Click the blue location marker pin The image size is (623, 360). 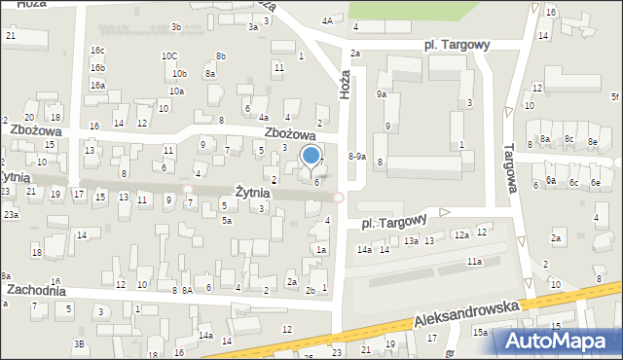tap(311, 156)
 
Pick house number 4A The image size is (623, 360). tap(328, 20)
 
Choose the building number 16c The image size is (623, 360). tap(97, 51)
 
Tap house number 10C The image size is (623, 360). tap(169, 56)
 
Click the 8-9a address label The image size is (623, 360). tap(357, 156)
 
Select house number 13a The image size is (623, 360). tap(412, 241)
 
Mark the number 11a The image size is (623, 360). tap(473, 262)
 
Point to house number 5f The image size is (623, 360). tap(615, 96)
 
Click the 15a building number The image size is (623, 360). tap(481, 332)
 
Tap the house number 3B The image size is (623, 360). tap(78, 343)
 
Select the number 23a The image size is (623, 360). tap(10, 214)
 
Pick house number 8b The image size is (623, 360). tap(221, 56)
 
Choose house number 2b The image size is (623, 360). tap(311, 290)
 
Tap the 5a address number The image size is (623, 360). tap(226, 221)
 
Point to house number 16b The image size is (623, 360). tap(97, 68)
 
